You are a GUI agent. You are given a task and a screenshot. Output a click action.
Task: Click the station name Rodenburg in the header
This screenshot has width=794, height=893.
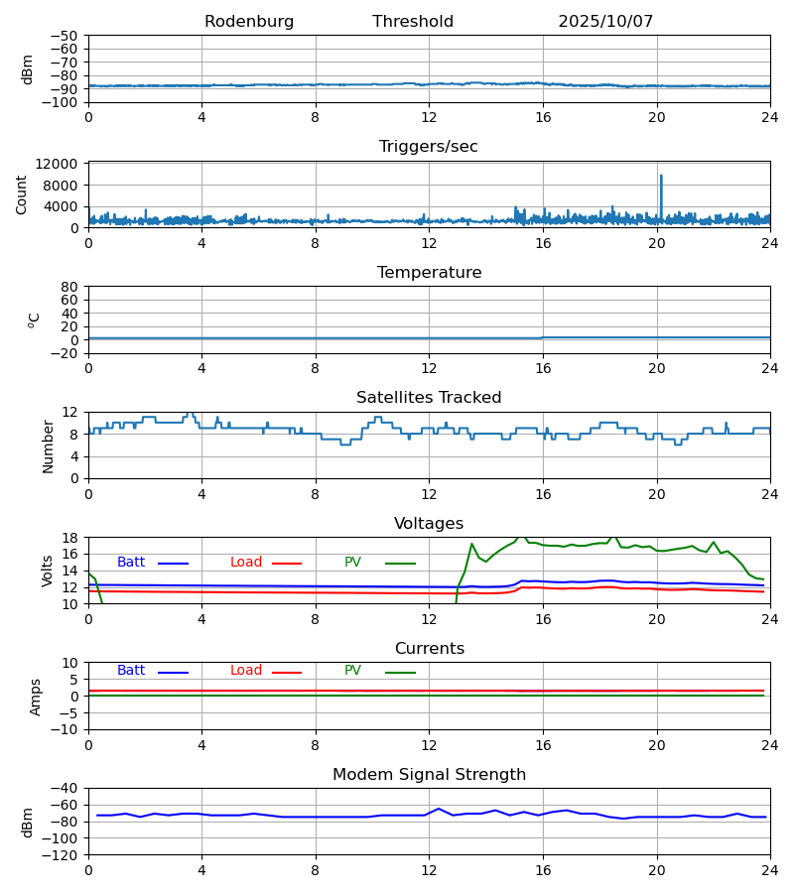[249, 22]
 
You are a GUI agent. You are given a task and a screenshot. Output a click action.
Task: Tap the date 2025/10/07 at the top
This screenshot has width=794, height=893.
[605, 22]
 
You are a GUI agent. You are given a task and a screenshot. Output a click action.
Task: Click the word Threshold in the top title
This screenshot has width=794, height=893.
[413, 22]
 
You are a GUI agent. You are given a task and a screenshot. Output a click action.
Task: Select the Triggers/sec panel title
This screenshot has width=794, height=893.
[429, 147]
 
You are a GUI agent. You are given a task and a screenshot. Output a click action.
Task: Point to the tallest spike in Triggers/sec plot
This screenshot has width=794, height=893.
[661, 177]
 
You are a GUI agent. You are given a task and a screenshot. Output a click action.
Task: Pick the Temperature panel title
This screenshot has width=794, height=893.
[429, 273]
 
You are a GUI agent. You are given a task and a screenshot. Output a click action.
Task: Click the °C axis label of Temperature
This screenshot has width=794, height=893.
[34, 319]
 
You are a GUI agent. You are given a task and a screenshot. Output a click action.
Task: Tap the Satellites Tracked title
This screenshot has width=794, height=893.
[429, 398]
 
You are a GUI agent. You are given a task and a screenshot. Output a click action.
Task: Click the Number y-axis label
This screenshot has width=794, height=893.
[49, 446]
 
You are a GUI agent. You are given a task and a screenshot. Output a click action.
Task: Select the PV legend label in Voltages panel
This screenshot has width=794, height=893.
[352, 563]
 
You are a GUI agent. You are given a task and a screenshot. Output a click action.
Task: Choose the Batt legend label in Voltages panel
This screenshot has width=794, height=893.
[131, 563]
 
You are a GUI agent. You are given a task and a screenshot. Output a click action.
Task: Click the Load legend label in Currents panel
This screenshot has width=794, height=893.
[246, 671]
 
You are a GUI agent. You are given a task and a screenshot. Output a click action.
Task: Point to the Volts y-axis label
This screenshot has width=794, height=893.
[49, 571]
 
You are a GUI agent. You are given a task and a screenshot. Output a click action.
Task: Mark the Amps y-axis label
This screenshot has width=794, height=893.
[37, 697]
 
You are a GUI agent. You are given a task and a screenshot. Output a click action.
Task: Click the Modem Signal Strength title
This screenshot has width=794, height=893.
[429, 775]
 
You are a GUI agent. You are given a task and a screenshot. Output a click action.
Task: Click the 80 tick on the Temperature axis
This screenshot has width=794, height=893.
[70, 287]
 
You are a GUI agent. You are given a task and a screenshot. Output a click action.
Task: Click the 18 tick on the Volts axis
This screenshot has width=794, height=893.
[70, 538]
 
